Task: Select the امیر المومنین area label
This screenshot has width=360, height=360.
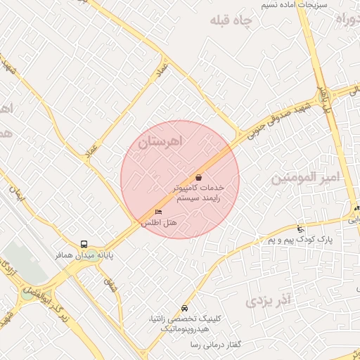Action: (305, 178)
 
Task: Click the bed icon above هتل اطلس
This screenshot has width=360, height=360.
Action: (158, 212)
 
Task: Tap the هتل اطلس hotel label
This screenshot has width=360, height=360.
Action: (159, 222)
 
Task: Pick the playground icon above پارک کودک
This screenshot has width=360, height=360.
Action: (301, 229)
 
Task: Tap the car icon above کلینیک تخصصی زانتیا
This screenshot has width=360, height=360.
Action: (184, 308)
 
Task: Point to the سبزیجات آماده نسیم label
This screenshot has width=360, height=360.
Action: (284, 4)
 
